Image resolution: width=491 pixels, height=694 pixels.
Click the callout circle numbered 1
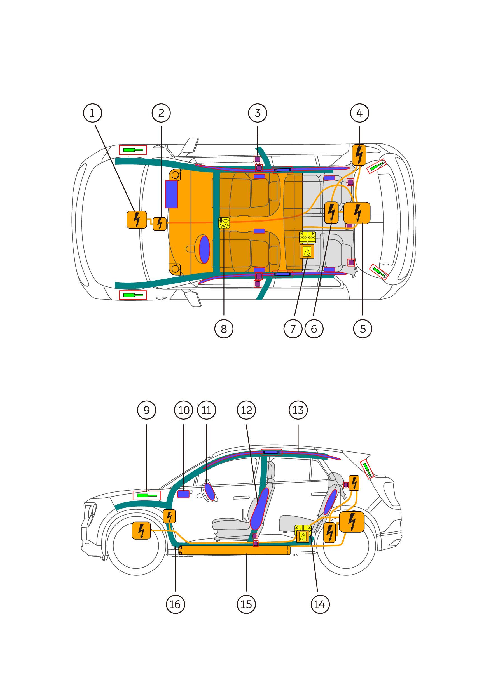pos(93,113)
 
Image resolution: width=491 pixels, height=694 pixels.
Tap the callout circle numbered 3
pos(258,113)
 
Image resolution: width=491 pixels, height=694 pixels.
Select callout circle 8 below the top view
pos(224,329)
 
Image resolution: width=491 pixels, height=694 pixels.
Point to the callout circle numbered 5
pos(363,329)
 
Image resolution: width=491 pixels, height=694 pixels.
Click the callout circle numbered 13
pos(298,410)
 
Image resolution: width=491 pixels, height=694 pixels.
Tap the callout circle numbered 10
pos(184,410)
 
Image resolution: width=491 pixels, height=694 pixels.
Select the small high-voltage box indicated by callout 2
pos(160,224)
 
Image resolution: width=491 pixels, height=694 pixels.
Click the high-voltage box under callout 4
pos(359,155)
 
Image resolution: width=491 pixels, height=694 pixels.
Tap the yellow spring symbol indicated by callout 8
pos(224,223)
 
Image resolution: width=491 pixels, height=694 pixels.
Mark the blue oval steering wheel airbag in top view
pos(205,249)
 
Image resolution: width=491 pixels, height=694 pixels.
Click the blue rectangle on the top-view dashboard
pos(171,194)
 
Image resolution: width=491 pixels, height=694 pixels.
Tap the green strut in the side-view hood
pos(147,496)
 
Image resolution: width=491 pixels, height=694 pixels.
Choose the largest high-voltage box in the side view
pos(352,522)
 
